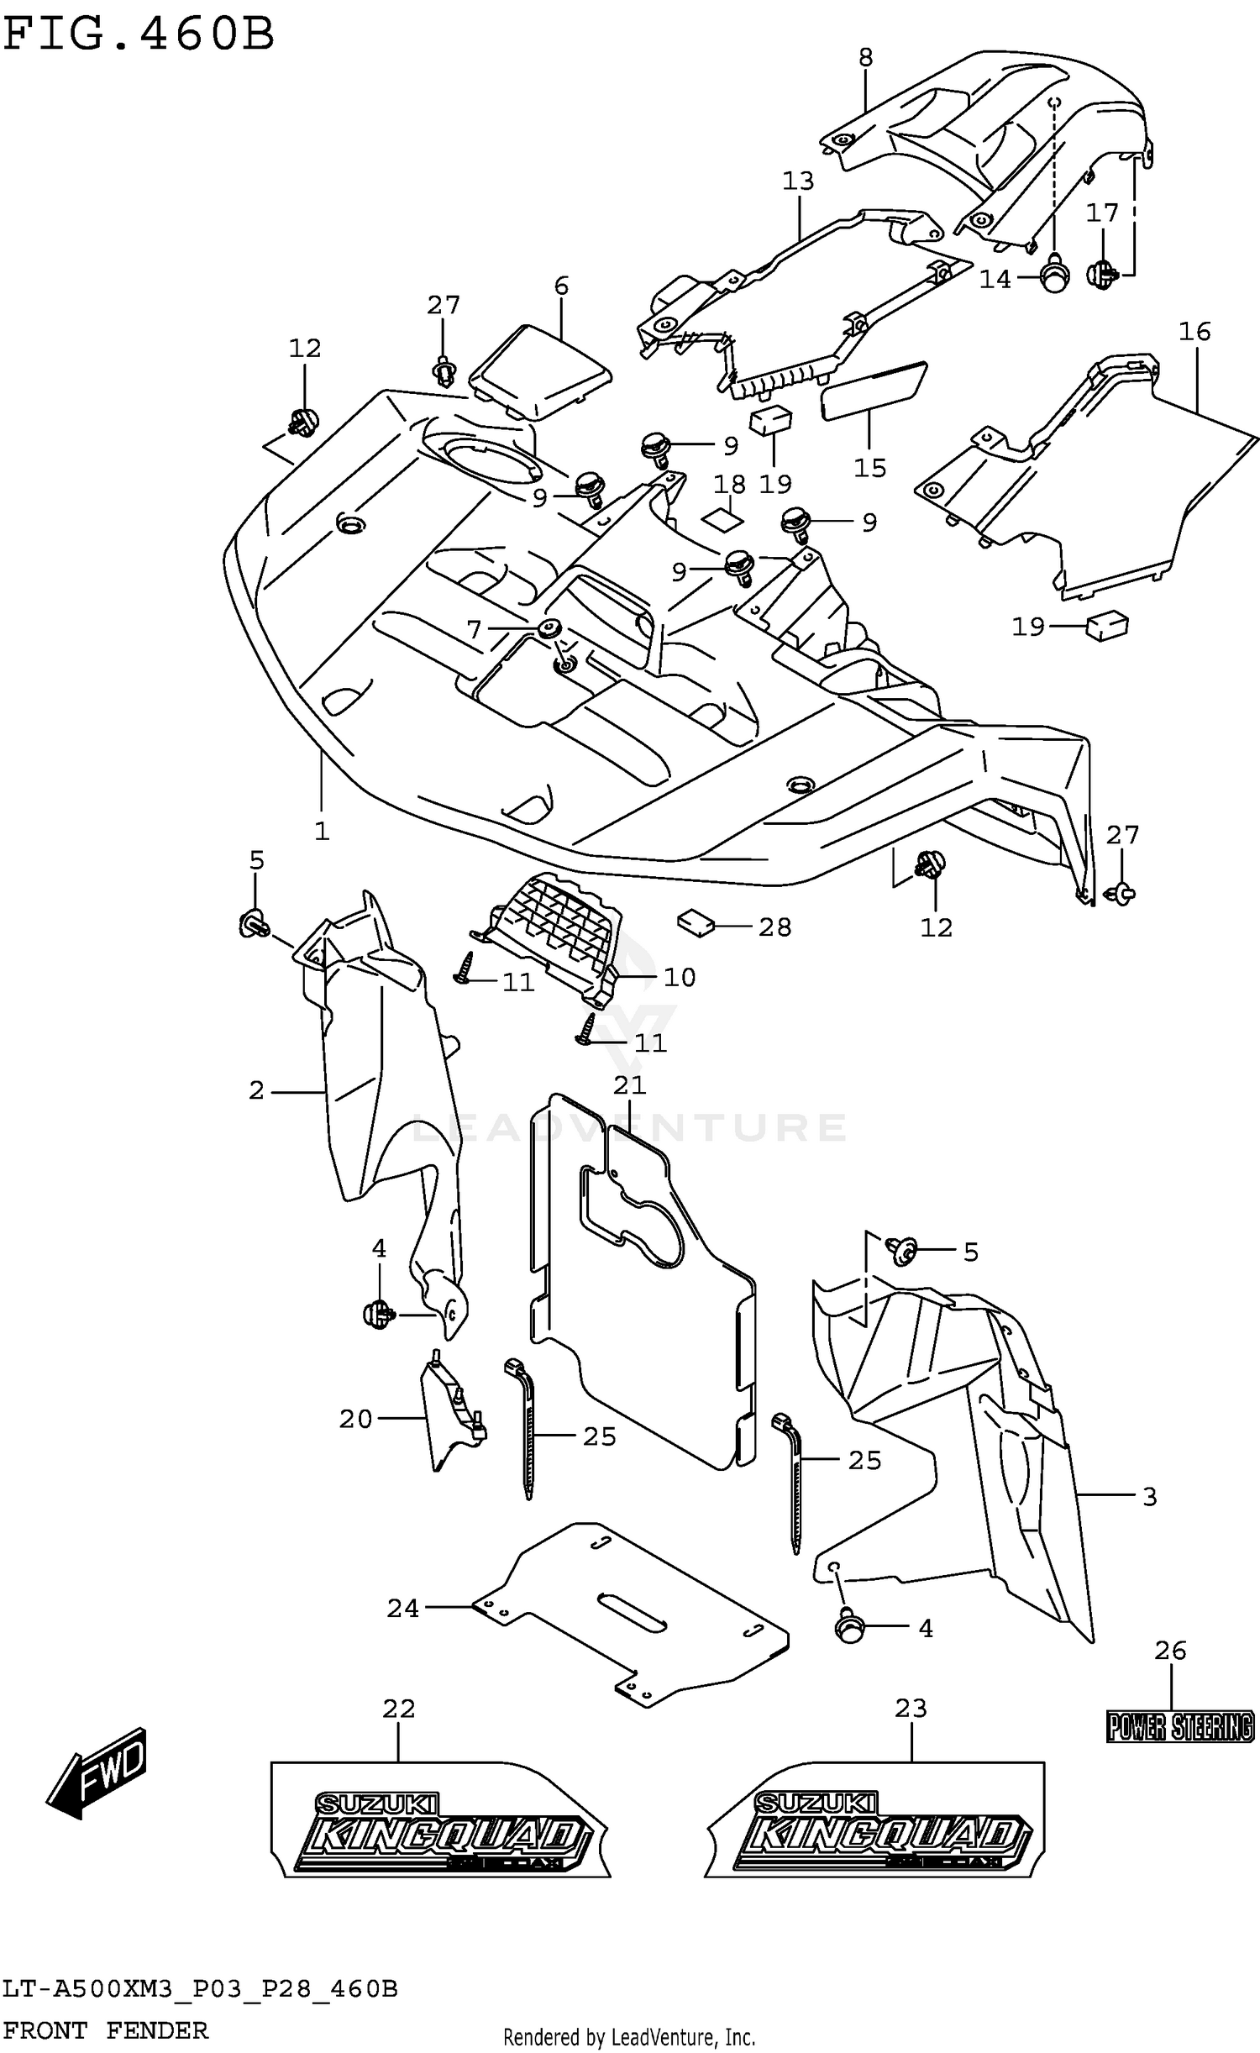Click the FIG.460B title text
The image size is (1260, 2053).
tap(139, 35)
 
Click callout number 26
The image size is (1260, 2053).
tap(1170, 1651)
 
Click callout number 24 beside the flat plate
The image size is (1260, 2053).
tap(402, 1608)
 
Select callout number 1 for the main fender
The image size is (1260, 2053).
tap(322, 831)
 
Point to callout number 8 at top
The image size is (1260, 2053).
tap(866, 57)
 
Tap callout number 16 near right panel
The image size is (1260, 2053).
tap(1194, 332)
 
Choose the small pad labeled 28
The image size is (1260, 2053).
tap(696, 922)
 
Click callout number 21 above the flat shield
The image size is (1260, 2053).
tap(629, 1084)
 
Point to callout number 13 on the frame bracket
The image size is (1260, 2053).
tap(798, 181)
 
